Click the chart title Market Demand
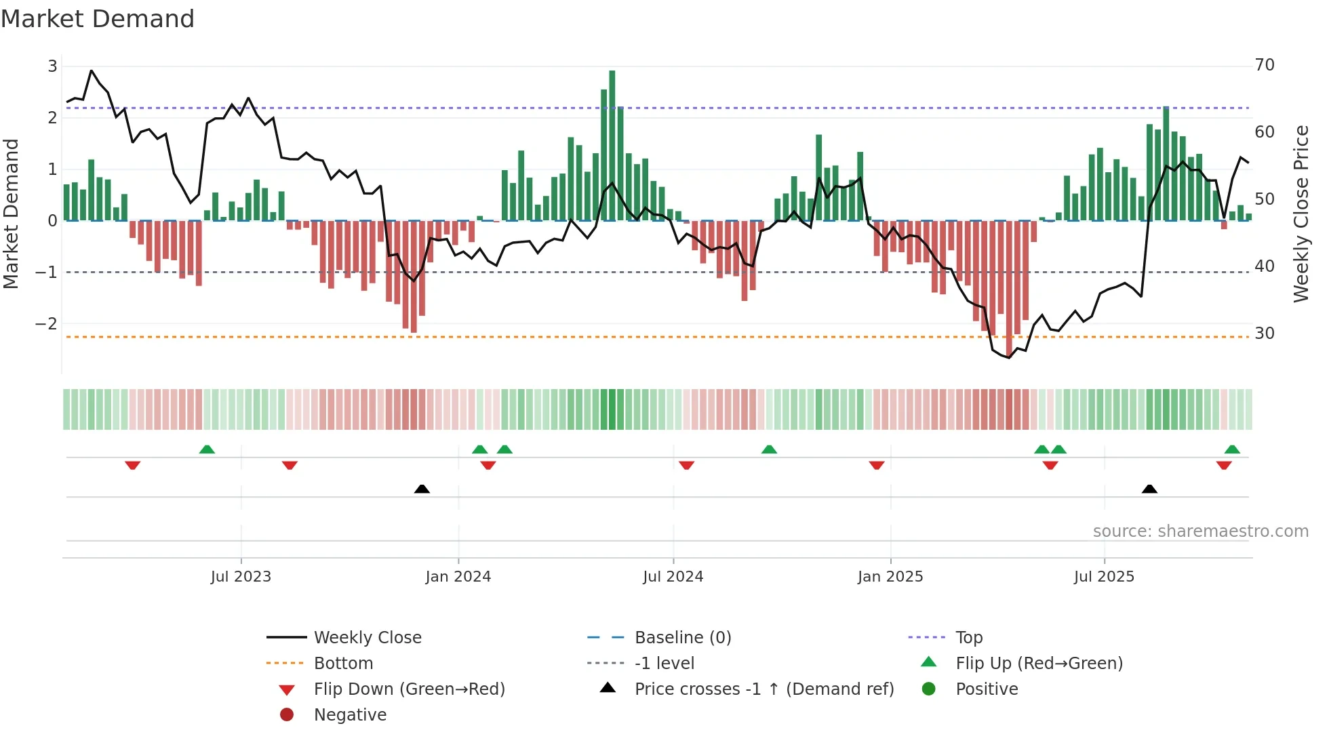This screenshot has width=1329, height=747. [98, 19]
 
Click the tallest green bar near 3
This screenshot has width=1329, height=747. [612, 146]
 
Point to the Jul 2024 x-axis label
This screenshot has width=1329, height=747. [673, 577]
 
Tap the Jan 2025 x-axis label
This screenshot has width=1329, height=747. [890, 577]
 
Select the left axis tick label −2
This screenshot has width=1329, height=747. [46, 324]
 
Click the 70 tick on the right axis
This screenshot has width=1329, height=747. [1265, 65]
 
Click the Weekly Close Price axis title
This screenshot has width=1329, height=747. [1301, 214]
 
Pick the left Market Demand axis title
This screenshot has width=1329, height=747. [11, 214]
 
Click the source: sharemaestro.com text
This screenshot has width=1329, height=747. [1200, 531]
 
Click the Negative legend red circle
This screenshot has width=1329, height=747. [287, 715]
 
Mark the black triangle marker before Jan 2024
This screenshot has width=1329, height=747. [422, 489]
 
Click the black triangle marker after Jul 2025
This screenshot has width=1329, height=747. [1149, 489]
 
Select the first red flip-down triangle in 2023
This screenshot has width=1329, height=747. [133, 466]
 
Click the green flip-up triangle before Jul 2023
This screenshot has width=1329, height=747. [207, 449]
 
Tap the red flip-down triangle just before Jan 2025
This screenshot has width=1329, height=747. [877, 466]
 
